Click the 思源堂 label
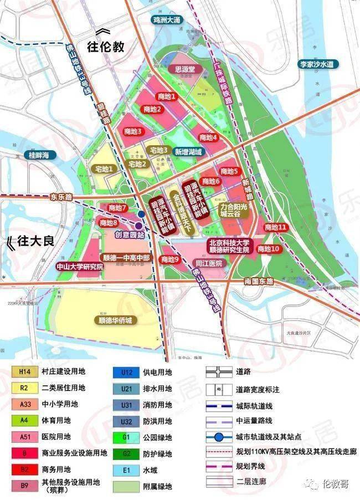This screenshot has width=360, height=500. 184,70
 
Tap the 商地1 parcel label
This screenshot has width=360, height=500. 166,96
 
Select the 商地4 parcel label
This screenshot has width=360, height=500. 208,137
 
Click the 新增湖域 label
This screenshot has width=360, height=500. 188,151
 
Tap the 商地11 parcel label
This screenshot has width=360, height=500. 275,227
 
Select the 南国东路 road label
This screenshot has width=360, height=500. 259,282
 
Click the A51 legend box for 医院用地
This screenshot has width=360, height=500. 25,436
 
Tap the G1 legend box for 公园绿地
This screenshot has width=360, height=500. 127,437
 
